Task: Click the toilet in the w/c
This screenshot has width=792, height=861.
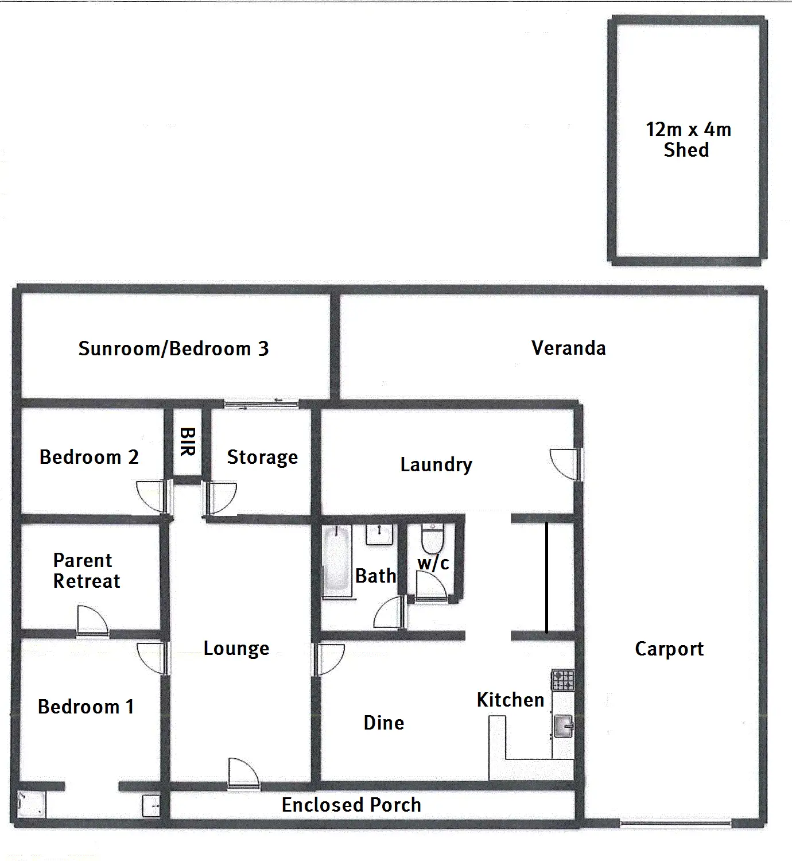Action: [x=432, y=538]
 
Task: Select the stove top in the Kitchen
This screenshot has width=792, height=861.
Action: [x=562, y=680]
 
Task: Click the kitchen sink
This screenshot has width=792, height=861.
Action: [x=563, y=726]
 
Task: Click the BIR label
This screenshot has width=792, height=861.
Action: [x=187, y=441]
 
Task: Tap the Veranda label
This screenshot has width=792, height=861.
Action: [x=568, y=348]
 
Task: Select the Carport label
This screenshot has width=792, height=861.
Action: [x=669, y=649]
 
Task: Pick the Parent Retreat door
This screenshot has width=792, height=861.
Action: [x=92, y=620]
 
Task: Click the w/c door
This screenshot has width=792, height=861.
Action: [x=430, y=585]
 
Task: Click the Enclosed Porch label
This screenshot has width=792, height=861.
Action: [x=351, y=805]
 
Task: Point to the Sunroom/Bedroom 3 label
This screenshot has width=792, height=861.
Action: [x=173, y=348]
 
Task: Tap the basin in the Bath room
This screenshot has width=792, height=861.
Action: [x=380, y=534]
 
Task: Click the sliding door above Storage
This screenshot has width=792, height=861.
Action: [x=261, y=404]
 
